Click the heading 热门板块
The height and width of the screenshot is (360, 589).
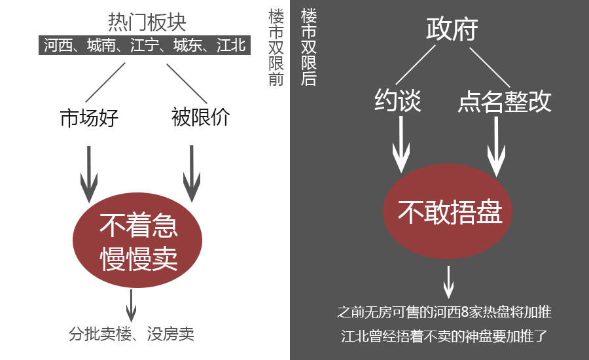pos(147,22)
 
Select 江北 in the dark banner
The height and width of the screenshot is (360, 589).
pos(231,45)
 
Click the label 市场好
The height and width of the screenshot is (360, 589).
pos(90,118)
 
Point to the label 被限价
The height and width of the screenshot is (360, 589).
pos(201,117)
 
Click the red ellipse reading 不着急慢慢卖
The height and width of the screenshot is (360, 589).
pos(137,240)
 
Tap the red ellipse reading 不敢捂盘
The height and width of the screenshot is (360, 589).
pos(448,211)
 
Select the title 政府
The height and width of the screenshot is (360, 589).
pos(452,29)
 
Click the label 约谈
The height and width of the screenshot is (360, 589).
pos(398,100)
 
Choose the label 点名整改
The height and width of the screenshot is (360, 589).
pos(505,101)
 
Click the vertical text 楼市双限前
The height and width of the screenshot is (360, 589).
pos(276,48)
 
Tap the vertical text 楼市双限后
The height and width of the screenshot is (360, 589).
pos(309,48)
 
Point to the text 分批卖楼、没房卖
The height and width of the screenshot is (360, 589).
pos(132,334)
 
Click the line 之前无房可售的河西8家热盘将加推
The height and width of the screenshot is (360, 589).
pos(444,312)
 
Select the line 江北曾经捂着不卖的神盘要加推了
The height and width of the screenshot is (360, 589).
pos(444,336)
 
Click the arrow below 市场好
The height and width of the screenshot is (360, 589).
pos(89,174)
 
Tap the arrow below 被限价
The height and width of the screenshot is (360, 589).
pos(192,173)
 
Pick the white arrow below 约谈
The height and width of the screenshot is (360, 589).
pos(401,144)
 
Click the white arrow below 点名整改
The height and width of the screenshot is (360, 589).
pos(496,147)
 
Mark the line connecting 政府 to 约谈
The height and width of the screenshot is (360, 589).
pos(416,65)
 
